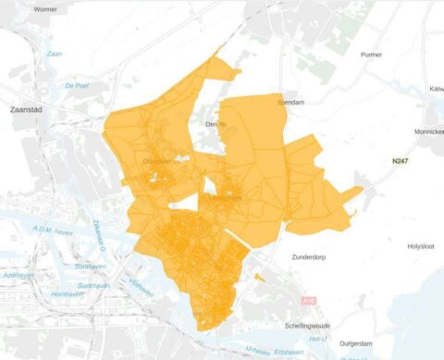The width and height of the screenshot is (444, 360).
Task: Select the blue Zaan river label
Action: tap(55, 55)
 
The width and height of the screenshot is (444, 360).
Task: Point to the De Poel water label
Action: tap(77, 85)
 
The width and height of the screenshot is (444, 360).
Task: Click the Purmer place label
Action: tap(370, 55)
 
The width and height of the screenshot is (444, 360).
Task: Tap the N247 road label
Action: tap(400, 161)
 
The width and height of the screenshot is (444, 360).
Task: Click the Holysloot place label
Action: tap(416, 246)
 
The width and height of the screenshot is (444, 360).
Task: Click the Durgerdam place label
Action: tap(356, 342)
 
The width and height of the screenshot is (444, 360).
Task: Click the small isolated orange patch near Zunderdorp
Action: tap(259, 277)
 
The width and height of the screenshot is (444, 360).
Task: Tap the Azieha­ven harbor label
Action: tap(19, 276)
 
